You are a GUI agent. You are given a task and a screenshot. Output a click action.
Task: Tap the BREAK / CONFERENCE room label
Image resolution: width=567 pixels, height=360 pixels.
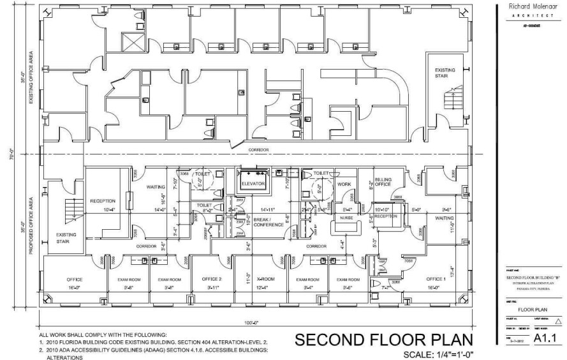tap(268, 222)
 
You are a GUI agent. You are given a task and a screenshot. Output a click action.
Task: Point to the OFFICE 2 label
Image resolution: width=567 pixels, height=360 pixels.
tap(211, 280)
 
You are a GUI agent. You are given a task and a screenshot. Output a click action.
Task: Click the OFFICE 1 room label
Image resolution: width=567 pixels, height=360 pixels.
tap(436, 280)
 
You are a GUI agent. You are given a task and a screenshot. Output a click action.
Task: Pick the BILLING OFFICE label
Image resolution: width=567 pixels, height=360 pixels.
tap(383, 183)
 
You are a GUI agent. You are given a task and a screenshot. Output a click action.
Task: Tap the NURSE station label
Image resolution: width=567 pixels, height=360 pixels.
tap(346, 218)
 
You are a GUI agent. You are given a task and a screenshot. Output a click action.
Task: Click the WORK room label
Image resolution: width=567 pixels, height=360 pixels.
tap(344, 185)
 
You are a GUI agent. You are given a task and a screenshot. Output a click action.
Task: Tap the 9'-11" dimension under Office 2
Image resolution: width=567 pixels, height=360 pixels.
tap(211, 289)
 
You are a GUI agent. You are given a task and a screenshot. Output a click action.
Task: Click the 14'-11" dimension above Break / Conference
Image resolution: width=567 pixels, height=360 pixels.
tap(267, 209)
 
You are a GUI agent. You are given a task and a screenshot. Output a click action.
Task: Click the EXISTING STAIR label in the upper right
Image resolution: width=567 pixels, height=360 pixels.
tap(445, 73)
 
